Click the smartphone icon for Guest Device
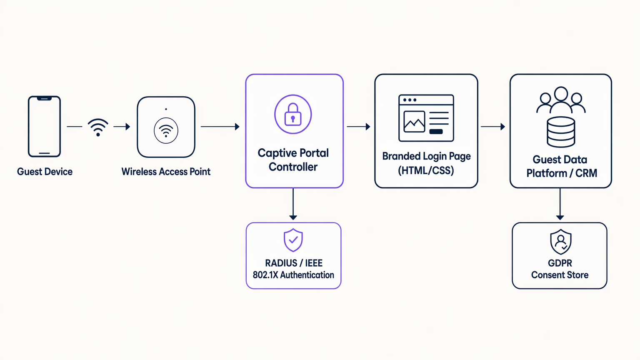[x=44, y=127]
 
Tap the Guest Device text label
[x=45, y=172]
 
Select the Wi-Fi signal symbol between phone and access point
[x=98, y=127]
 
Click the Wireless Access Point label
[x=166, y=172]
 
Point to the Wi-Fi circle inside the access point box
[x=166, y=131]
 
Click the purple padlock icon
[x=293, y=115]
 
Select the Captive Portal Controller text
[x=293, y=160]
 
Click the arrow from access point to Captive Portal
[x=220, y=127]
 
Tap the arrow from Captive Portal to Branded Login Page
[x=358, y=127]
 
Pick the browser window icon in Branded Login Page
[x=426, y=118]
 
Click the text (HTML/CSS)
[x=426, y=170]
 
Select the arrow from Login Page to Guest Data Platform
[x=493, y=127]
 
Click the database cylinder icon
[x=561, y=132]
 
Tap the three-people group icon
[x=561, y=100]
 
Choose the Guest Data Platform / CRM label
[x=561, y=166]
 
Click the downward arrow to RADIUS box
[x=293, y=204]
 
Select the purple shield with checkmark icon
[x=293, y=240]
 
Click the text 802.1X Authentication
[x=293, y=275]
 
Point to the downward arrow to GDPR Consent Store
[x=560, y=204]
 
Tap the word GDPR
[x=560, y=263]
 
